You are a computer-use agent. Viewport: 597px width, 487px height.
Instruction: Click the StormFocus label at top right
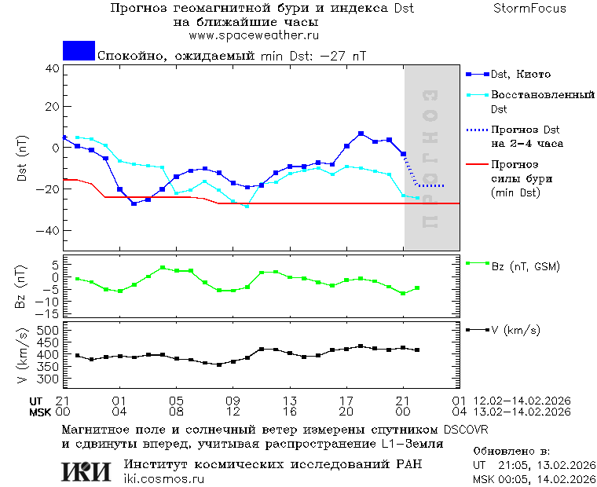point(529,9)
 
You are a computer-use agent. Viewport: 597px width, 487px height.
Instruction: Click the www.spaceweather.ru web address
point(253,35)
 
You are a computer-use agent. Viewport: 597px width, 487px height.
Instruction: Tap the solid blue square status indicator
point(79,51)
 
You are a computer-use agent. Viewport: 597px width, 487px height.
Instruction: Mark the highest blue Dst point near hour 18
point(361,134)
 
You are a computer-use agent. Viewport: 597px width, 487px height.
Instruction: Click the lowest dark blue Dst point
point(134,203)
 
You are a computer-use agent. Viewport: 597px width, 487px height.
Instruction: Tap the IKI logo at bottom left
point(86,471)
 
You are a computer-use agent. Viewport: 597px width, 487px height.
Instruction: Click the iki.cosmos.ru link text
point(164,478)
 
